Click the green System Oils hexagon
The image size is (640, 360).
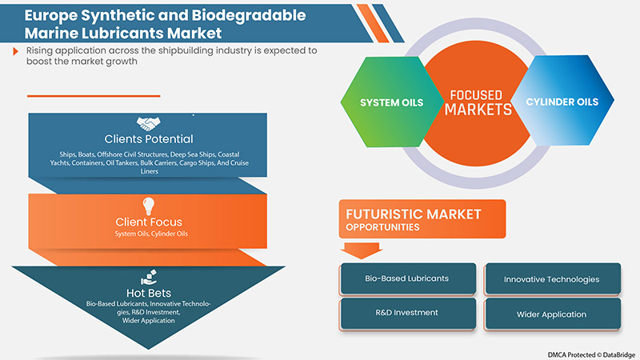382,103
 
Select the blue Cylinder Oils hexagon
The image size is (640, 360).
565,102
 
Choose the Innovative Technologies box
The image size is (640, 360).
552,278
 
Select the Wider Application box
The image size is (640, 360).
552,314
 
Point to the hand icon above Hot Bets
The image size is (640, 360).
150,276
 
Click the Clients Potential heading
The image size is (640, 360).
149,139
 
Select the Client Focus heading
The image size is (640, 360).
149,220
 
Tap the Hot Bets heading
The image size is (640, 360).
149,292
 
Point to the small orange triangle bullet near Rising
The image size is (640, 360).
17,51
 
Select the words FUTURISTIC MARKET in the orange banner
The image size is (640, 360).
413,214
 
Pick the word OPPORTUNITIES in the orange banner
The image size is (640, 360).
384,227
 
